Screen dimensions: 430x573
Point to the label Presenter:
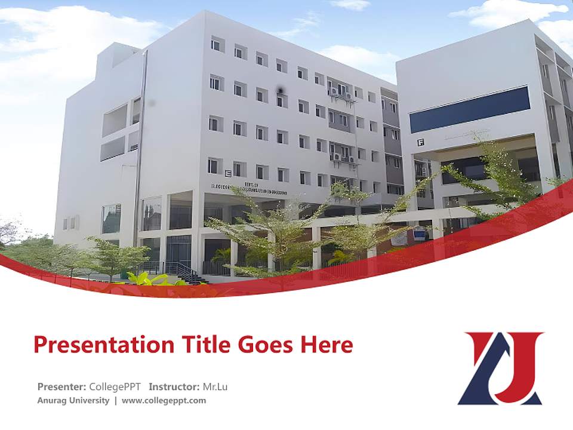61,386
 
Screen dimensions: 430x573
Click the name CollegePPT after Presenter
115,386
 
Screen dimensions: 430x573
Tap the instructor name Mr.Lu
215,386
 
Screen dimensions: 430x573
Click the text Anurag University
73,400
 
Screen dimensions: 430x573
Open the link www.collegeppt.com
164,400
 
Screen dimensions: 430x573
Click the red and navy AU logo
500,368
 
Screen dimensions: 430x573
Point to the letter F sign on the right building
420,142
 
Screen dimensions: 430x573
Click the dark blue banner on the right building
469,109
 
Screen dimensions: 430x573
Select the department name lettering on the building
248,190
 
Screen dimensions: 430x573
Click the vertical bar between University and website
116,400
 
